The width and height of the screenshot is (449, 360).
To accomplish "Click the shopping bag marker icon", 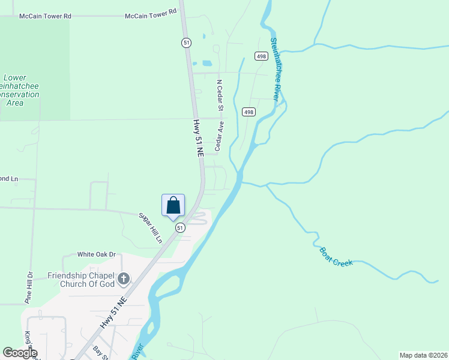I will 173,205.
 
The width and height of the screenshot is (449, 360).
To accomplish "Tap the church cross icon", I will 124,278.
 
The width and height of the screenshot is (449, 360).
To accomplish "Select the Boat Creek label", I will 336,257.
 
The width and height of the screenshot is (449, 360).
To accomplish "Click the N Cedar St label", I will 220,96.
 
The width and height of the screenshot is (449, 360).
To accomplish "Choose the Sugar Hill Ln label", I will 151,227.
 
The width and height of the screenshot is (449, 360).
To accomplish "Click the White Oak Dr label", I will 97,254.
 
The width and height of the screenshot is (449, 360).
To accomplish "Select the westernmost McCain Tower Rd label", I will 45,17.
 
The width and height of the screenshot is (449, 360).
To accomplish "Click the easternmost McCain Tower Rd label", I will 151,13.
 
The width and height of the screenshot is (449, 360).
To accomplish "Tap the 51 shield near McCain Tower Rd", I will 187,43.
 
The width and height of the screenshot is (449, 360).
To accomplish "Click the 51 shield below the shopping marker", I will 179,228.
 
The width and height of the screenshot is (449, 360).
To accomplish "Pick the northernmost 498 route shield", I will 261,56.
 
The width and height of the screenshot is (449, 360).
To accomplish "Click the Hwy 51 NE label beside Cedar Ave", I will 199,137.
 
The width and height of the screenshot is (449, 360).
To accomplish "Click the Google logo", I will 20,353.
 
